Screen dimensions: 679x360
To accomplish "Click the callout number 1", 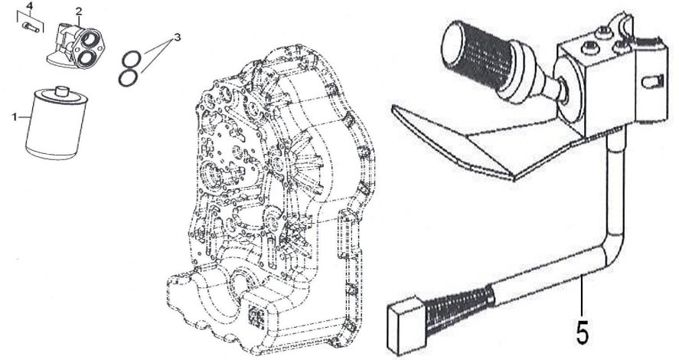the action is tap(15, 117).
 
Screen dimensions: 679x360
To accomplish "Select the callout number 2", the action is tap(78, 11).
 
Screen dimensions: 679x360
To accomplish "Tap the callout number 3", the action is tap(177, 38).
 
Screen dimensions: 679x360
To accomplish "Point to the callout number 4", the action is tap(29, 6).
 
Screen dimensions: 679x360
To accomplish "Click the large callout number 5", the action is tap(583, 332).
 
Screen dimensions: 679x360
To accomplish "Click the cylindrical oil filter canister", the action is tap(57, 123).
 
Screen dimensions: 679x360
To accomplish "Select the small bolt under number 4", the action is tap(31, 27).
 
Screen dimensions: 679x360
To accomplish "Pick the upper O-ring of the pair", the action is tap(131, 58).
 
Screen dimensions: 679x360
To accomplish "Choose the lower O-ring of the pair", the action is tap(129, 77).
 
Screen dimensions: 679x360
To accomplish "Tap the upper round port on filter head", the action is tap(90, 40).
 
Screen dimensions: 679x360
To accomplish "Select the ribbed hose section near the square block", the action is tap(460, 309).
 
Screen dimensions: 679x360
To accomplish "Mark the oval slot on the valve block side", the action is tap(652, 81).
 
